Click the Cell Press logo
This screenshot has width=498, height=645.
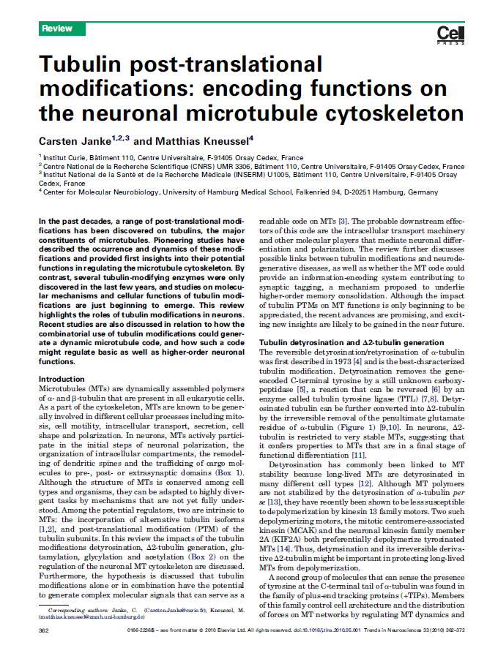click(x=445, y=34)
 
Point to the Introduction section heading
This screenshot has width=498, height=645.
click(x=62, y=379)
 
